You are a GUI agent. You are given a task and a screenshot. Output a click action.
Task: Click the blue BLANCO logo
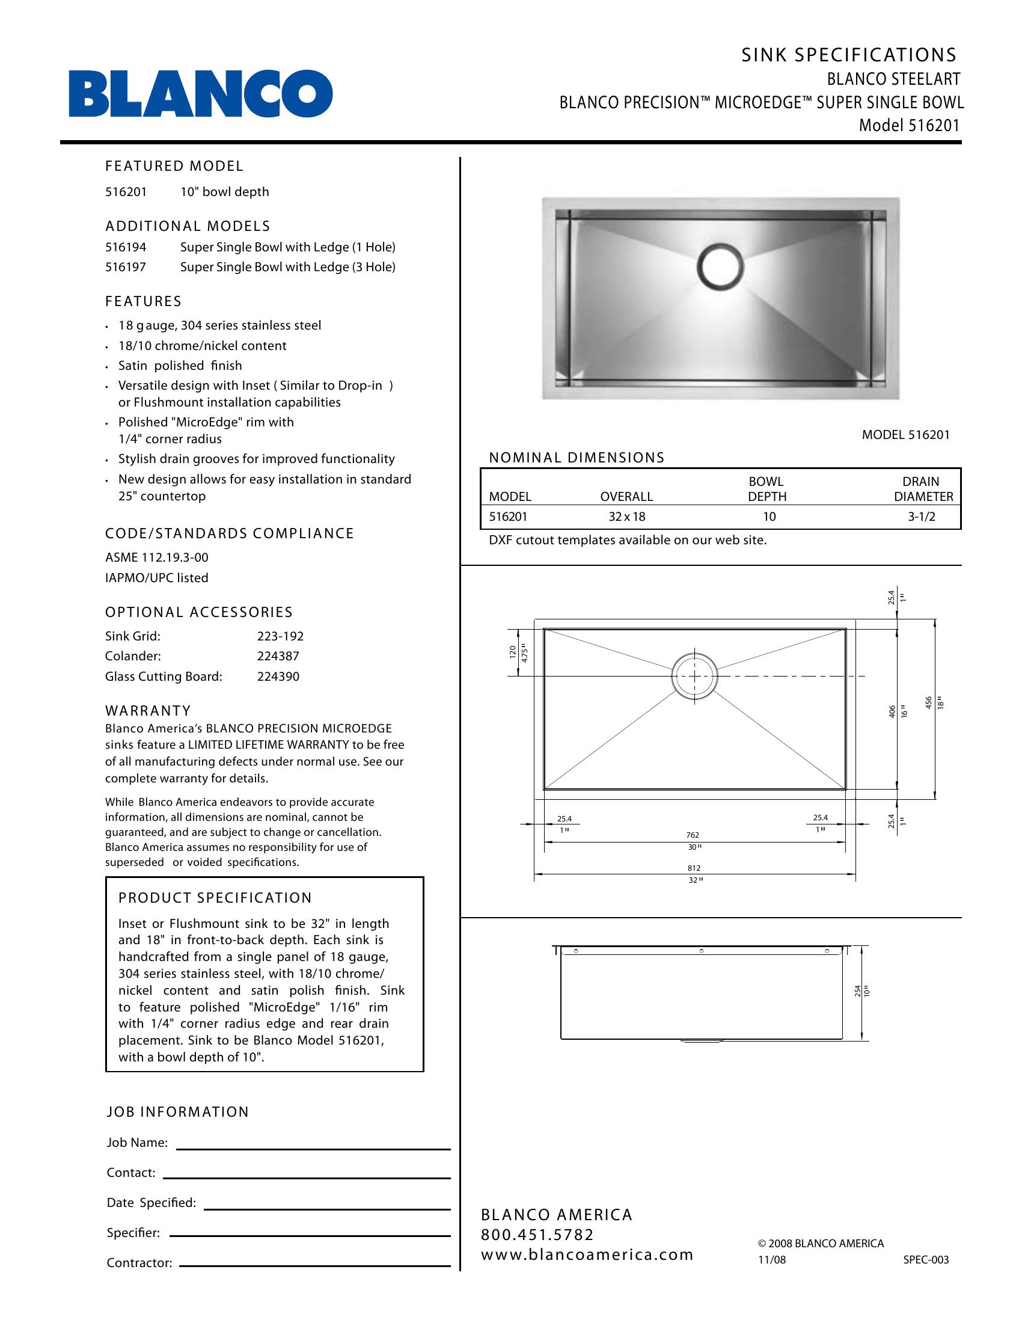tap(200, 94)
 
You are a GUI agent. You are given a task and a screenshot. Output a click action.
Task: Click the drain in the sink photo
tap(720, 266)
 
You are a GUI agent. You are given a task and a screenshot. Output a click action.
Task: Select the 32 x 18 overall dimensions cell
tap(626, 517)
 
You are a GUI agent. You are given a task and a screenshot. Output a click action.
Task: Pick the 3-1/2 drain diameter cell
tap(922, 517)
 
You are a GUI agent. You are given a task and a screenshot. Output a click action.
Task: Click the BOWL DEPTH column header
tap(766, 489)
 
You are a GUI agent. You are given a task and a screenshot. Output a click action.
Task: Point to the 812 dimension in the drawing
tap(694, 868)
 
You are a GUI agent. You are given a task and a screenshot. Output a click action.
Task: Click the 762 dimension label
tap(693, 835)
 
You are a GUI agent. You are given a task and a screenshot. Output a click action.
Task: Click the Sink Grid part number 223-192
tap(280, 636)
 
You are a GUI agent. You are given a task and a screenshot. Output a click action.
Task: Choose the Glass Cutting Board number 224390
tap(278, 676)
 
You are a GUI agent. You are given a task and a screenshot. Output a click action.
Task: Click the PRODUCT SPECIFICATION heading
tap(215, 898)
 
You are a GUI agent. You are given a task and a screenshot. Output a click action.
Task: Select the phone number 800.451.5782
tap(537, 1235)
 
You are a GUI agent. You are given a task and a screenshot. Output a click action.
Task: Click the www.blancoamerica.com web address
tap(587, 1254)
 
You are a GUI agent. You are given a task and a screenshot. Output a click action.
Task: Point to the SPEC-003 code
tap(926, 1259)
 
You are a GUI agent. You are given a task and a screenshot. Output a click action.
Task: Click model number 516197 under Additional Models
tap(125, 267)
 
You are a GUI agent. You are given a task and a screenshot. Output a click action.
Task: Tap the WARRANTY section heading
tap(148, 711)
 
